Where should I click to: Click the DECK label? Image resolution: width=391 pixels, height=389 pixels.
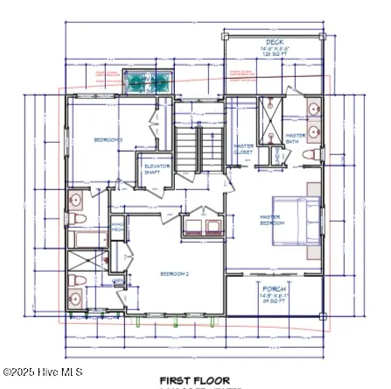click(274, 41)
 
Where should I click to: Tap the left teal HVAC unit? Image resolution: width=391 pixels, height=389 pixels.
click(136, 82)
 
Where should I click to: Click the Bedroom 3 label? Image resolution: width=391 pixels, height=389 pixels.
click(108, 139)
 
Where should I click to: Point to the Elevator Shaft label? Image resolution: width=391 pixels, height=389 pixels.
click(157, 167)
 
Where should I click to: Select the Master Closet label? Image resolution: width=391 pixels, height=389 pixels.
click(243, 149)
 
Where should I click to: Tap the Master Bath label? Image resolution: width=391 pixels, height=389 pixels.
click(296, 138)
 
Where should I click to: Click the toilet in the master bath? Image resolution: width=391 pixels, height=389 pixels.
click(310, 154)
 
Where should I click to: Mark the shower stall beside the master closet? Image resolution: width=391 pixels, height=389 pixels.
click(270, 115)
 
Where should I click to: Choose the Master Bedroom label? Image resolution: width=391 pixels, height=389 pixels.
click(272, 219)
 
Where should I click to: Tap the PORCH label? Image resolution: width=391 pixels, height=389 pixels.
click(273, 287)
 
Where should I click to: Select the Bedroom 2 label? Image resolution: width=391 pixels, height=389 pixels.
click(175, 272)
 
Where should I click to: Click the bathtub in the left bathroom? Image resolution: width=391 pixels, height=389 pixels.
click(87, 239)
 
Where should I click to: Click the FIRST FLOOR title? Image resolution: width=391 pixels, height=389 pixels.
click(194, 380)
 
